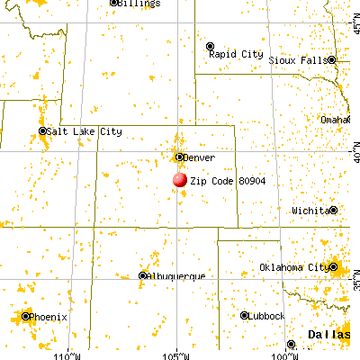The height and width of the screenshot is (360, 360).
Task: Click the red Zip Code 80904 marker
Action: (179, 180)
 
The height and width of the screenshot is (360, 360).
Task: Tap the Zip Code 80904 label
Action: (220, 181)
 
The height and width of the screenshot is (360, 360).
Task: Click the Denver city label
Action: (199, 157)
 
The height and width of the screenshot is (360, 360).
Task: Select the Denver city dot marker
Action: (179, 157)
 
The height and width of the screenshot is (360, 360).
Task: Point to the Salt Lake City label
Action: (85, 131)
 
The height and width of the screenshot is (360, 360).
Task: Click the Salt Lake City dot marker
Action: (43, 131)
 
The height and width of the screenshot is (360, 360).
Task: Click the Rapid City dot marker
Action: (210, 45)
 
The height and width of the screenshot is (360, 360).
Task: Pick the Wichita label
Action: (309, 210)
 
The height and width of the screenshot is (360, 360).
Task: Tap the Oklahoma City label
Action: (292, 267)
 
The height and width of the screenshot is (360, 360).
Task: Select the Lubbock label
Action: (267, 315)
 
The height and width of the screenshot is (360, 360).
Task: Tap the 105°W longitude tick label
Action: (176, 353)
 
